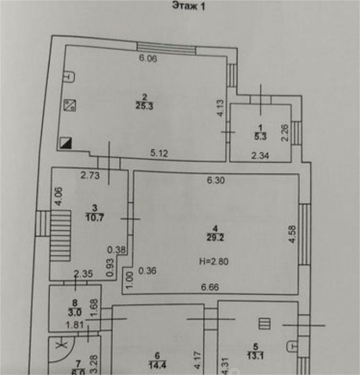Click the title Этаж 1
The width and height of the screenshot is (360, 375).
189,6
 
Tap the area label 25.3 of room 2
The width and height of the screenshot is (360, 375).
144,106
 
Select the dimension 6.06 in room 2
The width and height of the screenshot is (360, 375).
148,58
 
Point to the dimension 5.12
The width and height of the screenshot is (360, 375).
159,153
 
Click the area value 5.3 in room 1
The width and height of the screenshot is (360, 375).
260,136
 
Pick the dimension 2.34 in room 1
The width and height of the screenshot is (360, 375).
260,156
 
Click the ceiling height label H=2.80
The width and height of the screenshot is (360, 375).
214,261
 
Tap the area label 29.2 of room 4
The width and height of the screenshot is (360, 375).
215,238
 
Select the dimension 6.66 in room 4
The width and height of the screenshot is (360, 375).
210,287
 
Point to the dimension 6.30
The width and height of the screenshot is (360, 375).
216,180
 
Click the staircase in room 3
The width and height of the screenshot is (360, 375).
60,236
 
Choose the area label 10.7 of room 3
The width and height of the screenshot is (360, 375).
95,218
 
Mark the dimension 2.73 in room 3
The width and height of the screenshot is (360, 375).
90,175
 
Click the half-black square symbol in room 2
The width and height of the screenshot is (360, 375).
66,143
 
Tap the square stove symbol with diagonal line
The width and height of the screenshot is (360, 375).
70,105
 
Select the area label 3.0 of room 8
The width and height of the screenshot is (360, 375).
75,312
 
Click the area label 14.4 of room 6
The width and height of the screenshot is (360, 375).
157,365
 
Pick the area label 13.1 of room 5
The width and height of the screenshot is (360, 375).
256,356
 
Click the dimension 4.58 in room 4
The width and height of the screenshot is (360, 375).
293,235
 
